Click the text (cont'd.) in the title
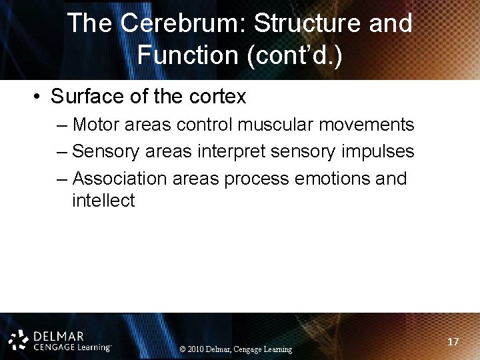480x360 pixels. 295,55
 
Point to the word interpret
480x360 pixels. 231,151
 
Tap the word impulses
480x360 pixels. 378,151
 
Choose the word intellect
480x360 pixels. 103,201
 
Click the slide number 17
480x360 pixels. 453,342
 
